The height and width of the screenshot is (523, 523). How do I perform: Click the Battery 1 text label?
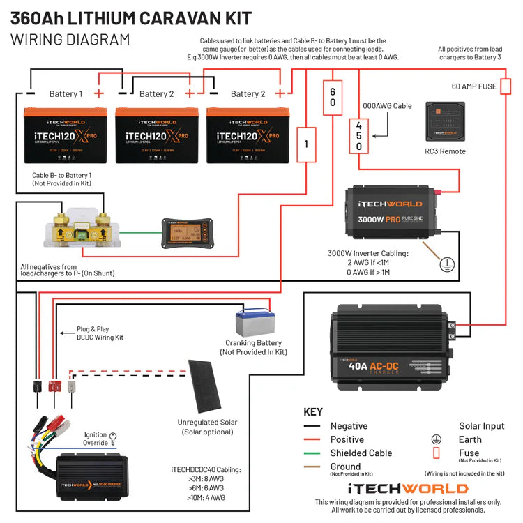tap(66, 93)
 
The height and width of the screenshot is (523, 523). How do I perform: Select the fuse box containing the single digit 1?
tap(305, 144)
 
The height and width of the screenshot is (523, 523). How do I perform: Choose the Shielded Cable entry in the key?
tap(361, 453)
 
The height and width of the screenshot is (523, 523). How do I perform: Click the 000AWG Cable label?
tap(387, 106)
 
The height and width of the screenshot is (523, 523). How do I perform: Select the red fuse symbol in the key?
tap(436, 453)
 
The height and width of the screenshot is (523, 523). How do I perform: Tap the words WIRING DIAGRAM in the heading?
tap(70, 39)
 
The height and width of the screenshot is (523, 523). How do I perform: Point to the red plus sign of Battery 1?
tap(100, 93)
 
